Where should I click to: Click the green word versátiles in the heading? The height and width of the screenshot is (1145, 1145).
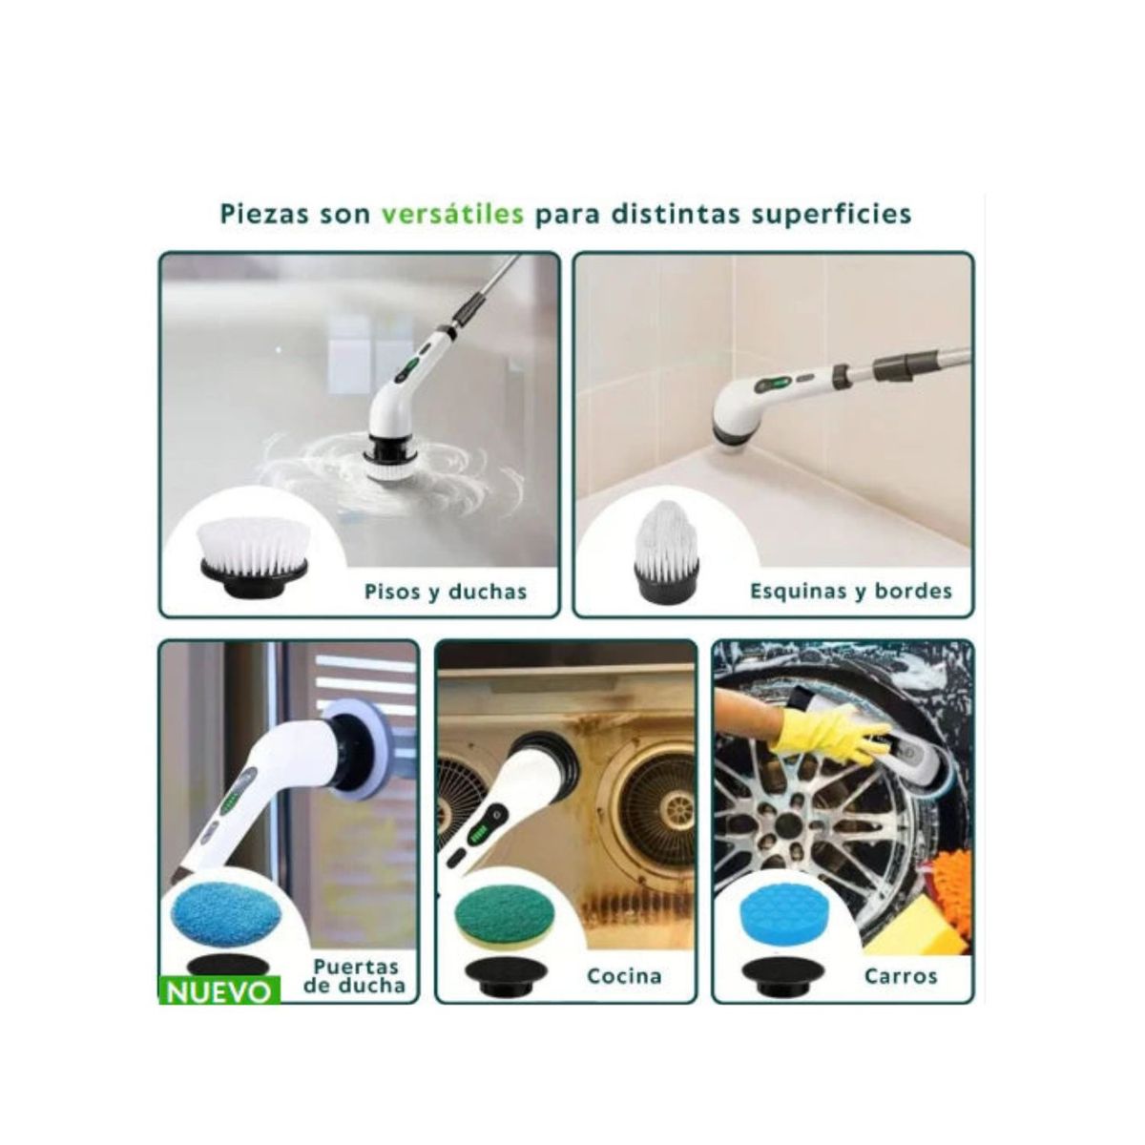click(452, 213)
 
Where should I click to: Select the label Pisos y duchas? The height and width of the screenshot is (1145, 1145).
click(446, 592)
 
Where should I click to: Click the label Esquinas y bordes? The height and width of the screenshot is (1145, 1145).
click(851, 591)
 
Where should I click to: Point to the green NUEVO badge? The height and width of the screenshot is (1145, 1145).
click(219, 991)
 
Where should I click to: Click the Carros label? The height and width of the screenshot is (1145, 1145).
click(900, 975)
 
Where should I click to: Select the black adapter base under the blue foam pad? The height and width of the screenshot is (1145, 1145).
click(780, 973)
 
